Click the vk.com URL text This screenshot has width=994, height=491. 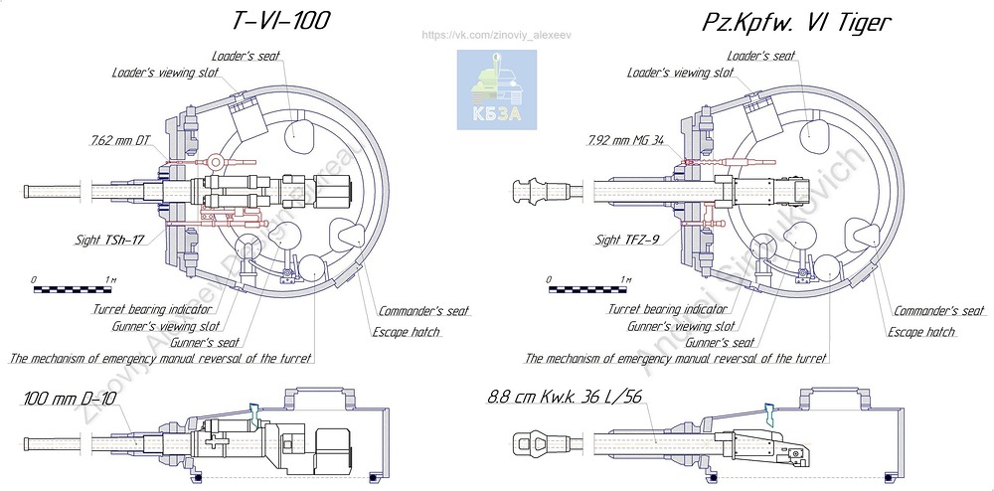click(496, 35)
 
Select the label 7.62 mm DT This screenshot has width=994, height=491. click(119, 142)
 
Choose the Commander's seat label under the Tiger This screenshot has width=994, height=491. click(938, 311)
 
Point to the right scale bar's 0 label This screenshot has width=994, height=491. click(550, 279)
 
